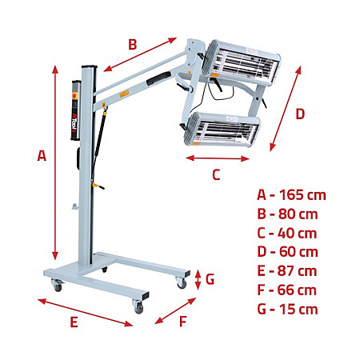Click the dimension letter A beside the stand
(42, 157)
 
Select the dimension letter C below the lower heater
(216, 174)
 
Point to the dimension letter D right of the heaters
(300, 114)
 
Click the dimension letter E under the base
(74, 322)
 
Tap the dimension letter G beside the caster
(210, 279)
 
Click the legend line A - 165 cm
(291, 194)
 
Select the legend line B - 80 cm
(287, 214)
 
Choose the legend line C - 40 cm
(287, 233)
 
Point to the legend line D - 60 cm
(287, 252)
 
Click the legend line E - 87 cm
(287, 271)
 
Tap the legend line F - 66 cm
(287, 290)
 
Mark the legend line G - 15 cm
(287, 309)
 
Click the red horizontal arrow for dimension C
(218, 158)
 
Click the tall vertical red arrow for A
(54, 159)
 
